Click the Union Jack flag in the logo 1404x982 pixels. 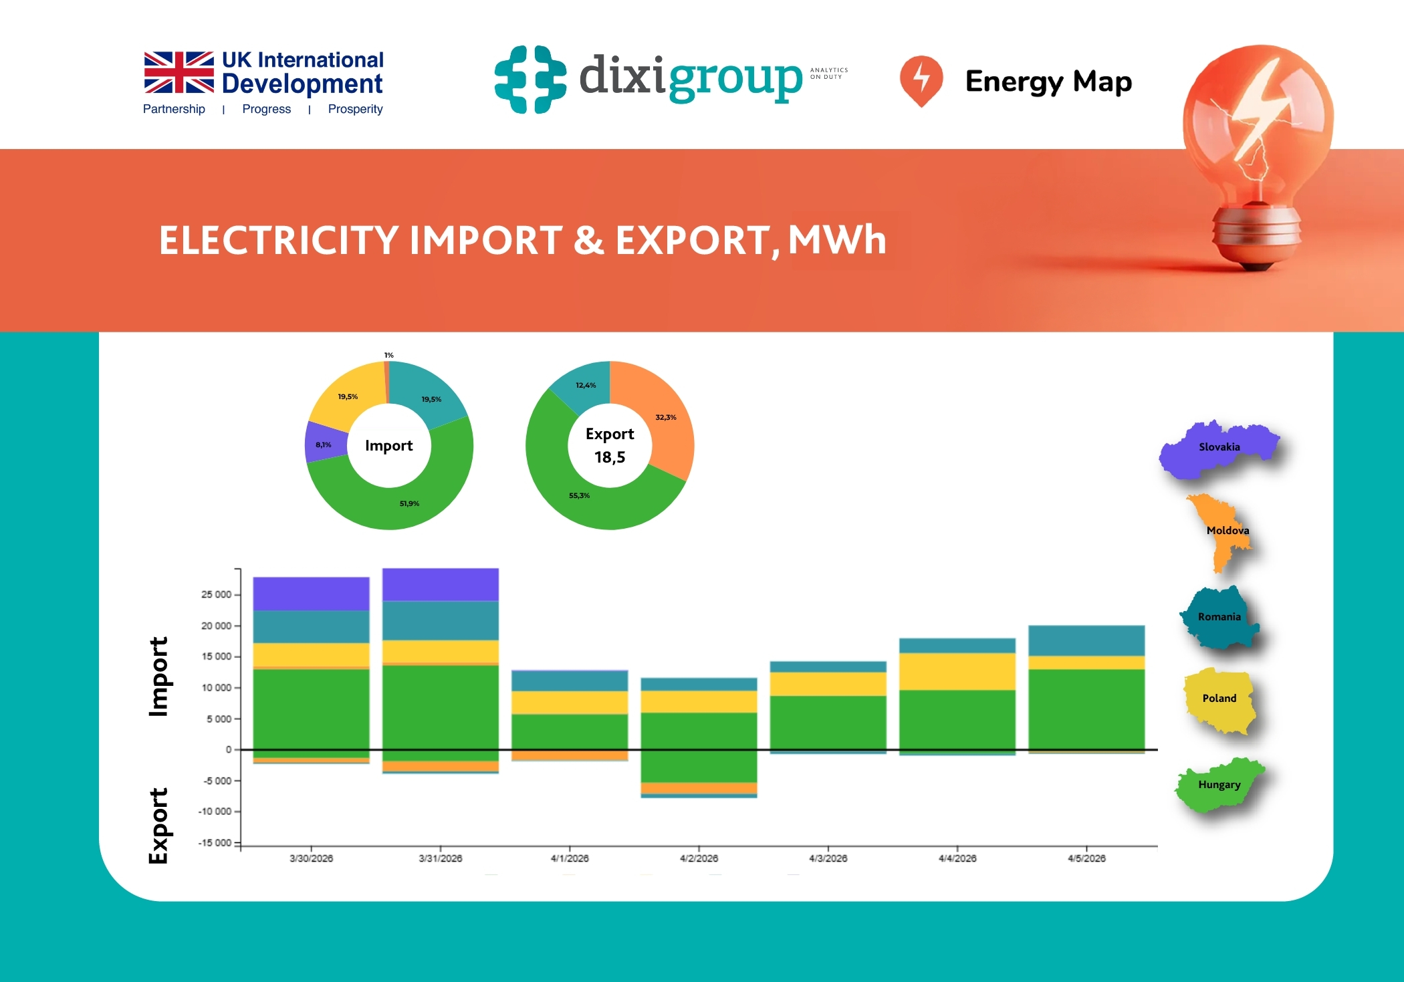click(x=179, y=72)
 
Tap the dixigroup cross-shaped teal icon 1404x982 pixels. click(x=530, y=79)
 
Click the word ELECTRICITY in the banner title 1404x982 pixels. click(x=279, y=241)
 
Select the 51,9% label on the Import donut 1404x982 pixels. click(x=409, y=503)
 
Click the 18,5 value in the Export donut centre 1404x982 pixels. click(x=610, y=457)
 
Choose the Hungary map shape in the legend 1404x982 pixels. click(x=1218, y=785)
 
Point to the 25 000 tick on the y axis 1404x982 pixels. click(x=216, y=594)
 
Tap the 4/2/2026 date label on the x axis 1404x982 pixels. click(x=699, y=858)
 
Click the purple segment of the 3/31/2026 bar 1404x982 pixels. click(x=440, y=584)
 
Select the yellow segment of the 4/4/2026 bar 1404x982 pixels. click(x=957, y=671)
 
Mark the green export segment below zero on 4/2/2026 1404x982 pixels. click(x=699, y=766)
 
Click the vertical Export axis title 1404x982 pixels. click(x=158, y=826)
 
